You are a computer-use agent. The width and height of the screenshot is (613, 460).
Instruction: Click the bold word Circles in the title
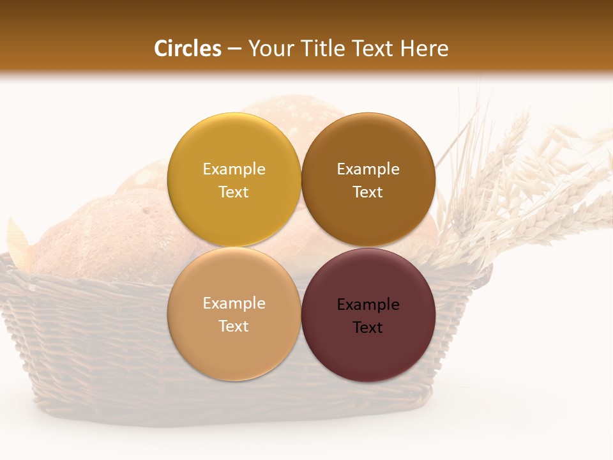pyautogui.click(x=188, y=49)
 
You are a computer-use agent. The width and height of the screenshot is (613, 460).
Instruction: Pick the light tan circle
pyautogui.click(x=234, y=348)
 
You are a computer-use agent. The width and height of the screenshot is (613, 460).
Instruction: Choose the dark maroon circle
pyautogui.click(x=368, y=351)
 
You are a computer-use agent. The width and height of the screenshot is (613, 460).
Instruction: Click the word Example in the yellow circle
pyautogui.click(x=234, y=169)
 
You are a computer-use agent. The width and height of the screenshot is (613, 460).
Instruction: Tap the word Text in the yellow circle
pyautogui.click(x=234, y=192)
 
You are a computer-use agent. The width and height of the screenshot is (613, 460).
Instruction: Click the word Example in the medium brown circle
pyautogui.click(x=368, y=169)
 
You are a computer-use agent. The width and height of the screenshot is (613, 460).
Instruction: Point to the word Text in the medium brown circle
pyautogui.click(x=368, y=192)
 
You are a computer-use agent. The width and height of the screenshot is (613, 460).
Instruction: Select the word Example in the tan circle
pyautogui.click(x=234, y=303)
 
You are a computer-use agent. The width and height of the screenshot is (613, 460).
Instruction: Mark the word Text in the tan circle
pyautogui.click(x=234, y=326)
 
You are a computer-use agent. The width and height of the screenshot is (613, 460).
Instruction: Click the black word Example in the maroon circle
pyautogui.click(x=368, y=304)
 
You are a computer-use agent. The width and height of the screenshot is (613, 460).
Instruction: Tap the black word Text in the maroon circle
pyautogui.click(x=368, y=327)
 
